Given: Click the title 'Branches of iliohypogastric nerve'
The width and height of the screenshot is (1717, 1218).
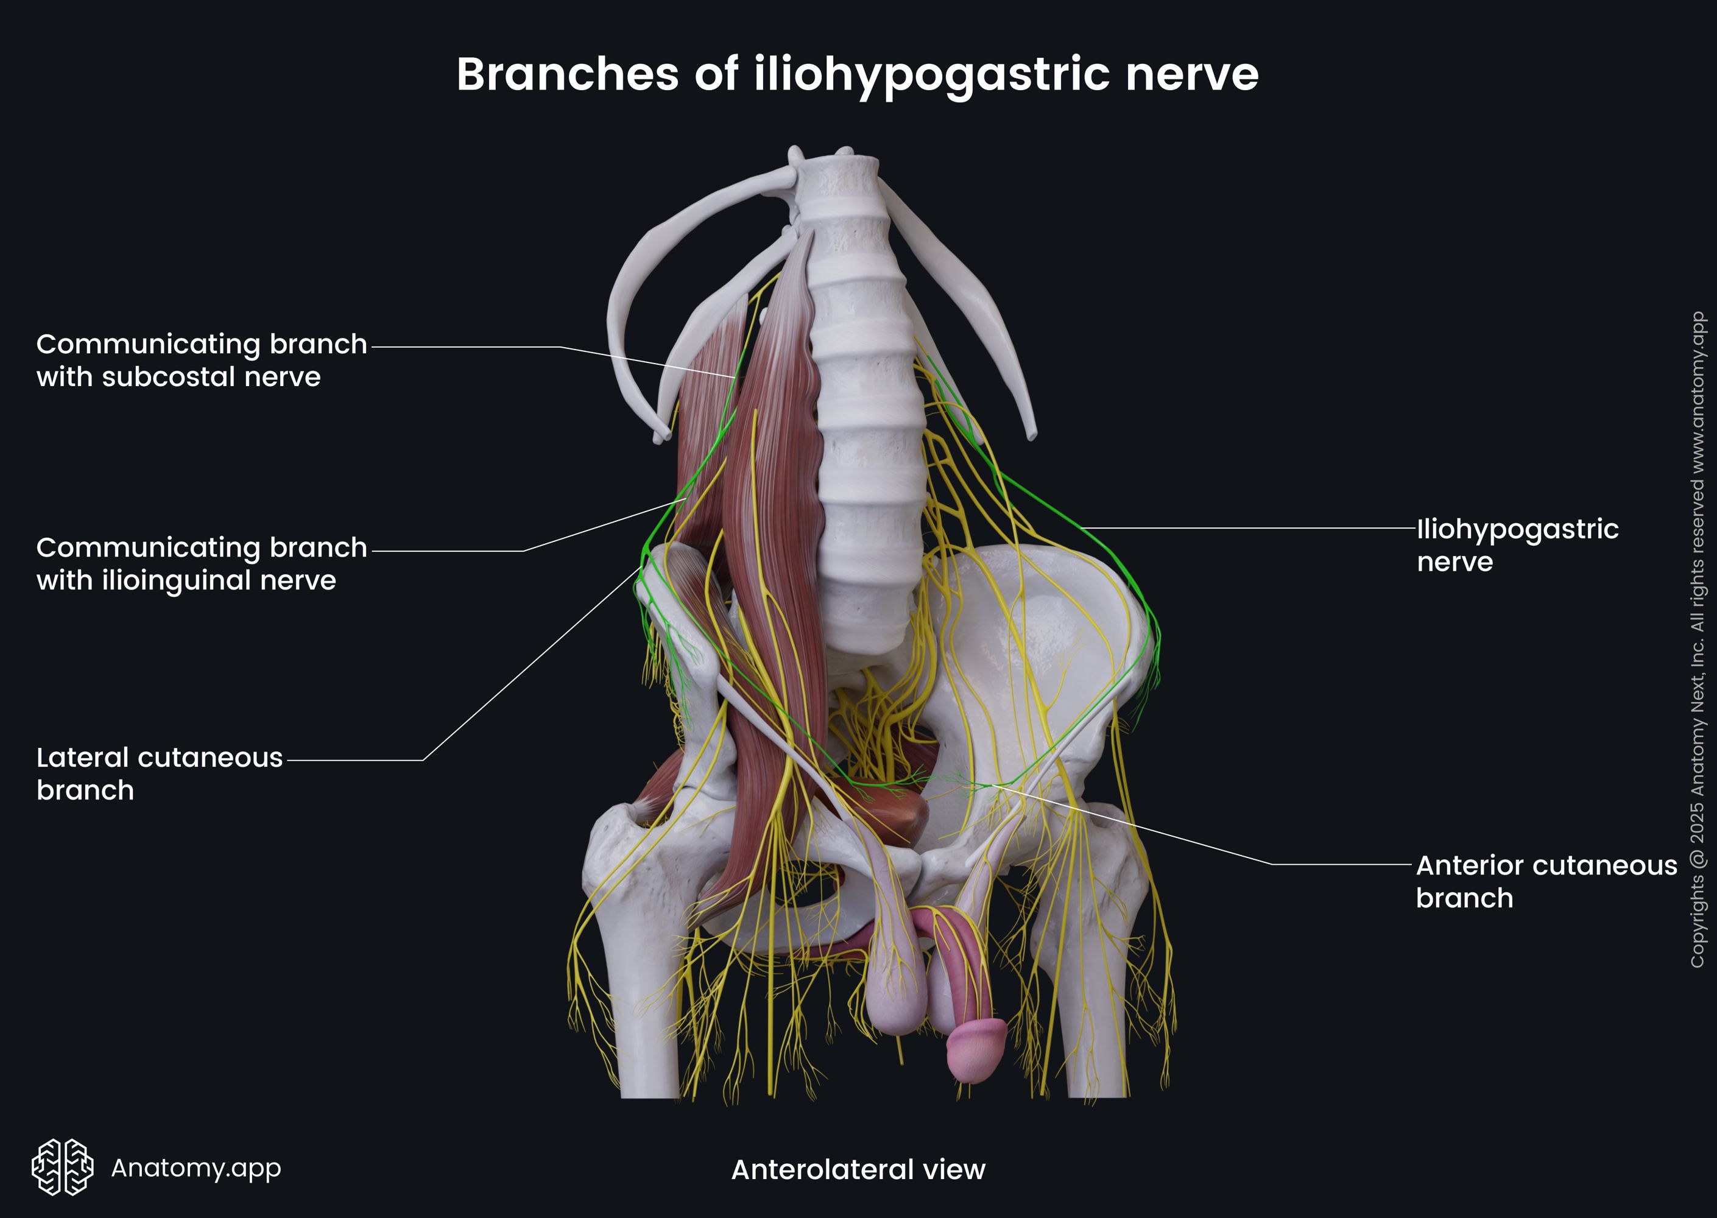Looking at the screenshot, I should (x=858, y=74).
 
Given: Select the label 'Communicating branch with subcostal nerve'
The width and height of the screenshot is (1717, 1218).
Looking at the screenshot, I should (x=201, y=360).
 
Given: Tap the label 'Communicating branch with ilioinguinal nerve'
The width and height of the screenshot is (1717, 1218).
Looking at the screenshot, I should (x=201, y=563).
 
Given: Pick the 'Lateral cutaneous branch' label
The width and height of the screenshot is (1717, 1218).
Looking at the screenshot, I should (x=159, y=773).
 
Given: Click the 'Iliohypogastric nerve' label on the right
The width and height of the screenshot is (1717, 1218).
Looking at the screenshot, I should (x=1517, y=544).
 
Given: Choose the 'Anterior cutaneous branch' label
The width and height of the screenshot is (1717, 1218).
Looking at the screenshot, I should (x=1546, y=881).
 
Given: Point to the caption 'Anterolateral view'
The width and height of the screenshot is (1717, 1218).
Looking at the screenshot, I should (x=858, y=1169).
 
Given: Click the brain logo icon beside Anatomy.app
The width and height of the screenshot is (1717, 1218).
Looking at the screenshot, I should (x=62, y=1167).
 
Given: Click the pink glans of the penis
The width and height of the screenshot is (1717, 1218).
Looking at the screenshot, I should (x=975, y=1050).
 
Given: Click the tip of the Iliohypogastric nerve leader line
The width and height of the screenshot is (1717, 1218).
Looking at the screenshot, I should (x=1081, y=528).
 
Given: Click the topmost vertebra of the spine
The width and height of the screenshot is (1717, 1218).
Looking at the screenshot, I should (x=836, y=176).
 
